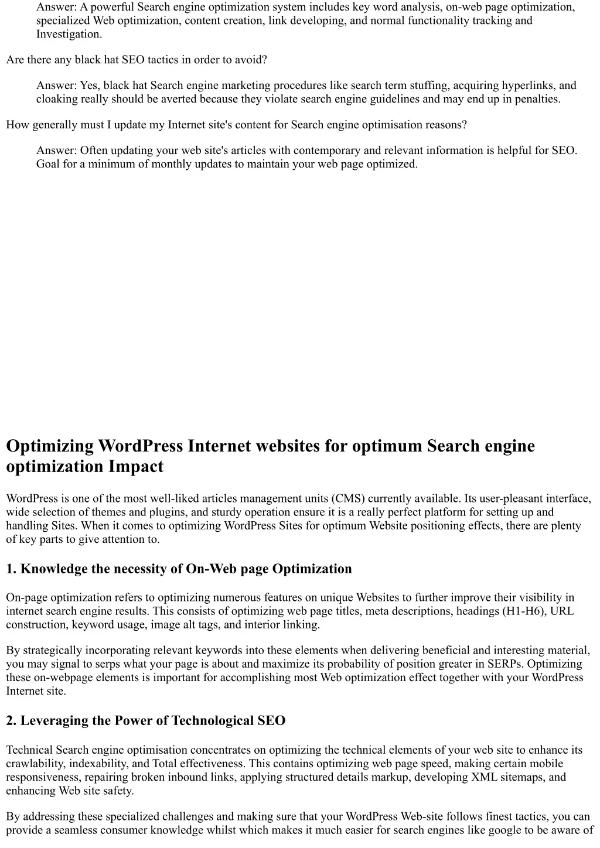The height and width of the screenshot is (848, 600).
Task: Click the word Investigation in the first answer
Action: point(68,34)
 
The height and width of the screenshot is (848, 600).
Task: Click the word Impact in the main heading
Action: point(136,467)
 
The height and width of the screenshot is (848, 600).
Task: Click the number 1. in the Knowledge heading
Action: point(12,569)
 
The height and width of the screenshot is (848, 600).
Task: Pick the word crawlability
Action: point(36,764)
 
